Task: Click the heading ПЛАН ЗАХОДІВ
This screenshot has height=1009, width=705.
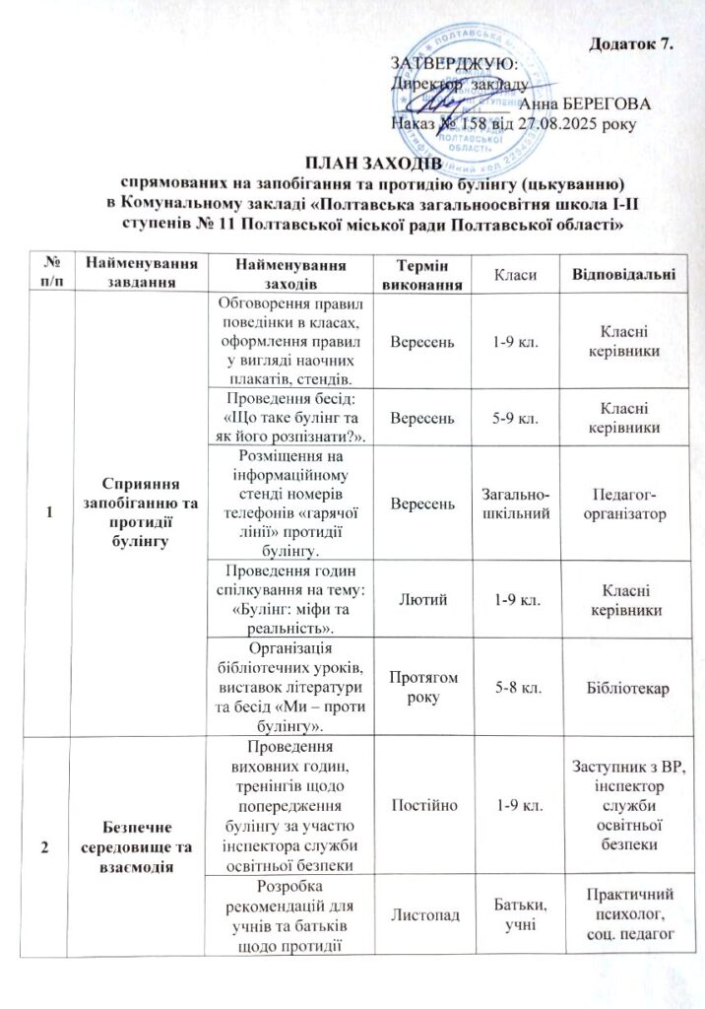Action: coord(352,164)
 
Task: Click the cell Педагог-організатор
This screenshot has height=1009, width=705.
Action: coord(623,504)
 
